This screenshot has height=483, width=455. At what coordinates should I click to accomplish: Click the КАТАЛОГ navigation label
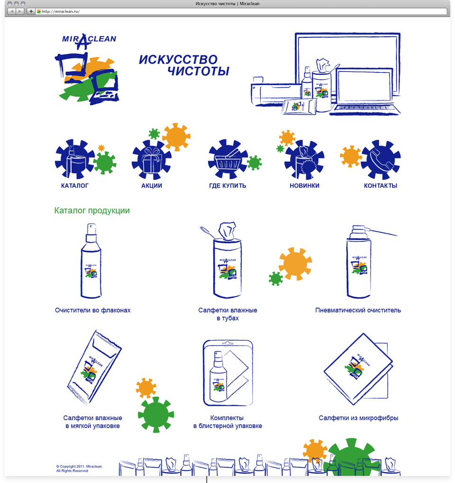click(x=74, y=186)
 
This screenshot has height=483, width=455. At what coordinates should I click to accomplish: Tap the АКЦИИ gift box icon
click(x=151, y=160)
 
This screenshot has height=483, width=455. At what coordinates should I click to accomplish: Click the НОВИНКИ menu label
click(x=304, y=186)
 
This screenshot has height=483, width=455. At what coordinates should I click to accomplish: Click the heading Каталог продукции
click(x=92, y=210)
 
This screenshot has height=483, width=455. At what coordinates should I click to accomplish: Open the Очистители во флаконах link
click(x=93, y=310)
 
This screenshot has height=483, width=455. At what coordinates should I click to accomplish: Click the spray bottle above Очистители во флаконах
click(x=91, y=261)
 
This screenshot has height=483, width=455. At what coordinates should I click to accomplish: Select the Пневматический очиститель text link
click(x=358, y=310)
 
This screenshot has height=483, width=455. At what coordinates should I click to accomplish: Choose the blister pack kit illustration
click(x=227, y=373)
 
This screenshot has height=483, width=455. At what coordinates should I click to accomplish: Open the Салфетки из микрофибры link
click(x=358, y=418)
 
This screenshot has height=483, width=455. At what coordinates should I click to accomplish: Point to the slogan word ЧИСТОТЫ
click(x=199, y=71)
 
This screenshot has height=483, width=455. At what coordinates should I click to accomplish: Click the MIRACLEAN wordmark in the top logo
click(x=89, y=39)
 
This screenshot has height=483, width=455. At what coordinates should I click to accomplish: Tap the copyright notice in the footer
click(x=79, y=468)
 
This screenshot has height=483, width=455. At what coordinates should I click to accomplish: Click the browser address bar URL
click(x=61, y=11)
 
